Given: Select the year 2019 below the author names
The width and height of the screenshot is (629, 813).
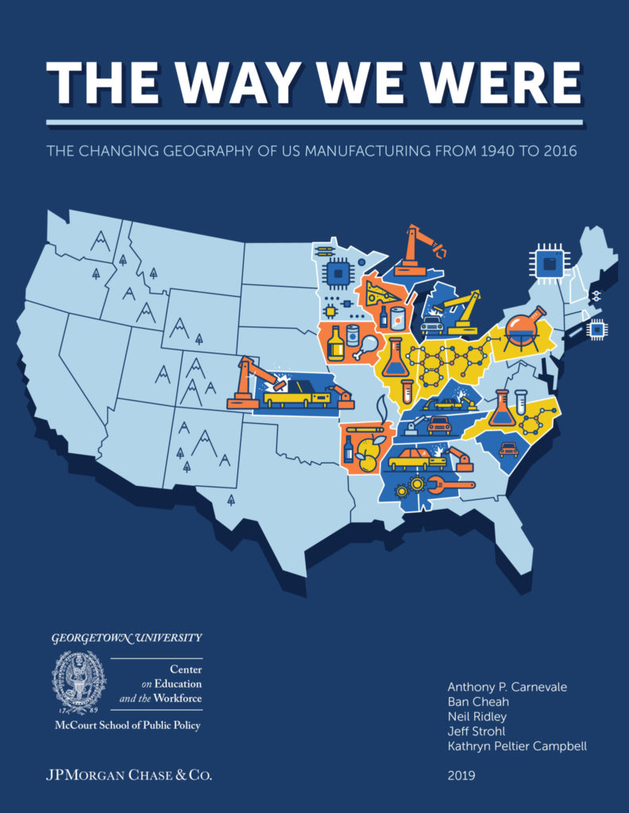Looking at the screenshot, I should (x=461, y=776).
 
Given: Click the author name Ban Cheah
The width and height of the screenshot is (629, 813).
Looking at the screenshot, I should (x=477, y=703).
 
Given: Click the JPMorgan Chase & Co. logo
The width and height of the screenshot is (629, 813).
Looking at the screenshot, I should (x=129, y=774).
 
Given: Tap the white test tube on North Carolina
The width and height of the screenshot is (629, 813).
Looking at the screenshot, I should (x=521, y=401).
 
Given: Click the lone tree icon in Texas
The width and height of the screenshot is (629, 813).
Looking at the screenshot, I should (x=231, y=501).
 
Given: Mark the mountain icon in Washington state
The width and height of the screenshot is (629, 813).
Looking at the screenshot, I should (x=101, y=240).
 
